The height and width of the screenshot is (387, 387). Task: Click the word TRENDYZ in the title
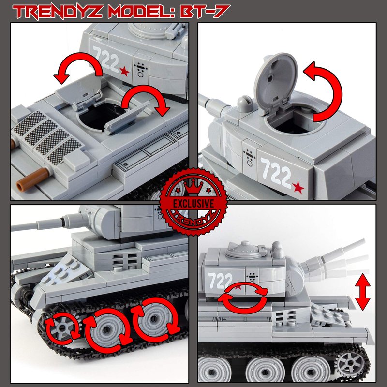[57, 12]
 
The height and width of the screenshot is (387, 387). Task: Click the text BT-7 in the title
[205, 11]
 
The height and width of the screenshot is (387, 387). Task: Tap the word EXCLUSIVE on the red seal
[193, 204]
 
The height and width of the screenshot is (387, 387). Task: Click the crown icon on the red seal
[193, 187]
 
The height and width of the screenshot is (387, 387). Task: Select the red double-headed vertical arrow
[362, 292]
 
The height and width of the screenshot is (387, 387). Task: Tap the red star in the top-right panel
[298, 188]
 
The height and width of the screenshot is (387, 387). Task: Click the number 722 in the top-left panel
[106, 59]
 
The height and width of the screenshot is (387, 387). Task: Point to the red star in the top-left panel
[125, 72]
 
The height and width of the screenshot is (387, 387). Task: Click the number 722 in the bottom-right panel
[220, 281]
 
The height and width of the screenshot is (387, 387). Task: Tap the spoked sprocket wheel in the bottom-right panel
[350, 363]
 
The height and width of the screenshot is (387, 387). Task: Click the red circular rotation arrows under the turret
[242, 298]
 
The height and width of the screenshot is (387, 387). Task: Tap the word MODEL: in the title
[141, 12]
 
